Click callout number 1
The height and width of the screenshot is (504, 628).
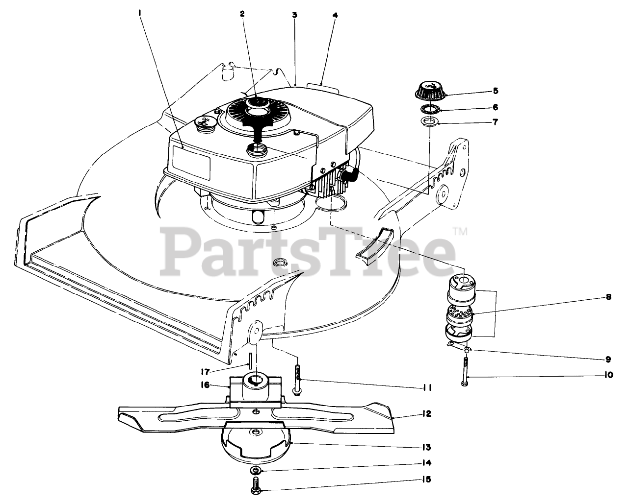(x=140, y=14)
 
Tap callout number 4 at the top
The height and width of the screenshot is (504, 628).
(x=335, y=15)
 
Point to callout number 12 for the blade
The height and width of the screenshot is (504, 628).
(x=425, y=414)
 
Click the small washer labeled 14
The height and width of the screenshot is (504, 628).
(x=256, y=471)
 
